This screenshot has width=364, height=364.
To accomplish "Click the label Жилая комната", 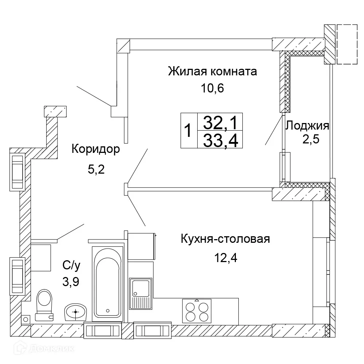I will [x=212, y=71].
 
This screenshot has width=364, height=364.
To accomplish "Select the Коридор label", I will [x=95, y=149].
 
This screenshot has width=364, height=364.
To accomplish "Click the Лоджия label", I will [x=308, y=126].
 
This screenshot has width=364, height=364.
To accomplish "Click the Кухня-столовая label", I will [x=225, y=240].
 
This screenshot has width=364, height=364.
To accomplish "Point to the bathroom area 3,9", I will [x=70, y=281].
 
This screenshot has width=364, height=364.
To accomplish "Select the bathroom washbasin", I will [x=76, y=312].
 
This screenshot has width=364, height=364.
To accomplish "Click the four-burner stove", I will [x=197, y=310].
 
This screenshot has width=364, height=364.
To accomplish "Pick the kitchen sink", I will [x=140, y=293].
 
